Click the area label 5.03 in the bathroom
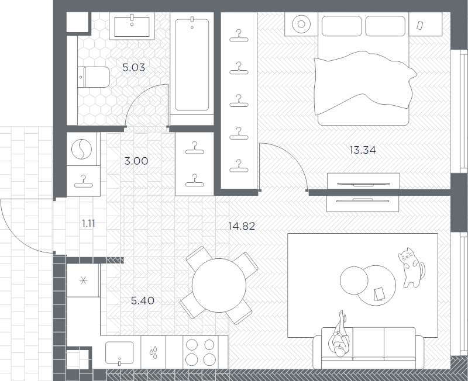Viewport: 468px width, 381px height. click(134, 68)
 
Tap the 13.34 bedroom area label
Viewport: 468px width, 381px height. click(362, 150)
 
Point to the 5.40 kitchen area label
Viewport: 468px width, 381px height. click(143, 301)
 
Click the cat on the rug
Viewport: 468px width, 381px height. click(412, 268)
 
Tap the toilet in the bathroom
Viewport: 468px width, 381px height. click(93, 77)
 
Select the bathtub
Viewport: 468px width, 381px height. click(192, 64)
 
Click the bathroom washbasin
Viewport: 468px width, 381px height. click(133, 26)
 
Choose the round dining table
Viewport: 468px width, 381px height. click(219, 285)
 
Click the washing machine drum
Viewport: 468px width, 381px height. click(82, 150)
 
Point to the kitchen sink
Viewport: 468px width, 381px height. click(120, 352)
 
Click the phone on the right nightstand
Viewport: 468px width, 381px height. click(420, 26)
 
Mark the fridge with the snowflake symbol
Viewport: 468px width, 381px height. click(82, 280)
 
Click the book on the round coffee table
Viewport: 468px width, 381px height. click(378, 293)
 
